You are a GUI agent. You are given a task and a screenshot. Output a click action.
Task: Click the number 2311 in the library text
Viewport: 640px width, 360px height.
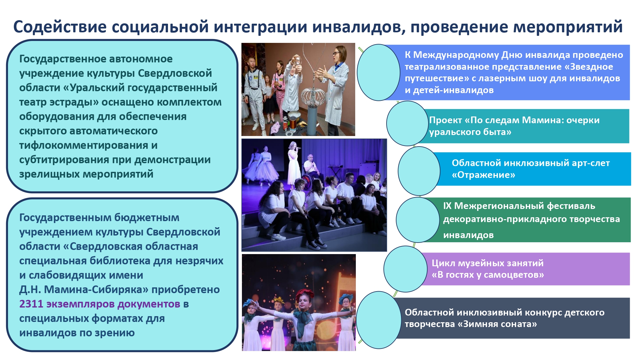pos(31,304)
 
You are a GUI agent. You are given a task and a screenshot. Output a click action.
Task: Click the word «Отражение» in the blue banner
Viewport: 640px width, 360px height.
pos(484,175)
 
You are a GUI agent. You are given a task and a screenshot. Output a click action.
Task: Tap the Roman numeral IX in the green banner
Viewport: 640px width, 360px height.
pos(447,206)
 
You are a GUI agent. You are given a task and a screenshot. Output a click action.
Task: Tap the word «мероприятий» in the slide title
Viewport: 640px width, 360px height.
pos(568,27)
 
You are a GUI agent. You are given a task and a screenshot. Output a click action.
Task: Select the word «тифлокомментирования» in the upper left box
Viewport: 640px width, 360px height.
pos(81,145)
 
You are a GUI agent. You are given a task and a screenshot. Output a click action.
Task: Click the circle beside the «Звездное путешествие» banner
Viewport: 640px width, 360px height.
pos(379,72)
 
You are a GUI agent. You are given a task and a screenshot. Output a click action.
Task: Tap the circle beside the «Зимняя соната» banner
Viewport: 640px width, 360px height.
pos(379,320)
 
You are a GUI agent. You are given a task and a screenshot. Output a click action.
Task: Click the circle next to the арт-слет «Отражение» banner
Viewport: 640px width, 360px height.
pos(419,171)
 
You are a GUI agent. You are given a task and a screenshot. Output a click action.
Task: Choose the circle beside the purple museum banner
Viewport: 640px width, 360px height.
pos(405,269)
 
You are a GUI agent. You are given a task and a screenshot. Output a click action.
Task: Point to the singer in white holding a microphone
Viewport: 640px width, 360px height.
pos(294,162)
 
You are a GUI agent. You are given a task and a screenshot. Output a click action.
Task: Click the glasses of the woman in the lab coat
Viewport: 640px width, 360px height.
pos(337,53)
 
